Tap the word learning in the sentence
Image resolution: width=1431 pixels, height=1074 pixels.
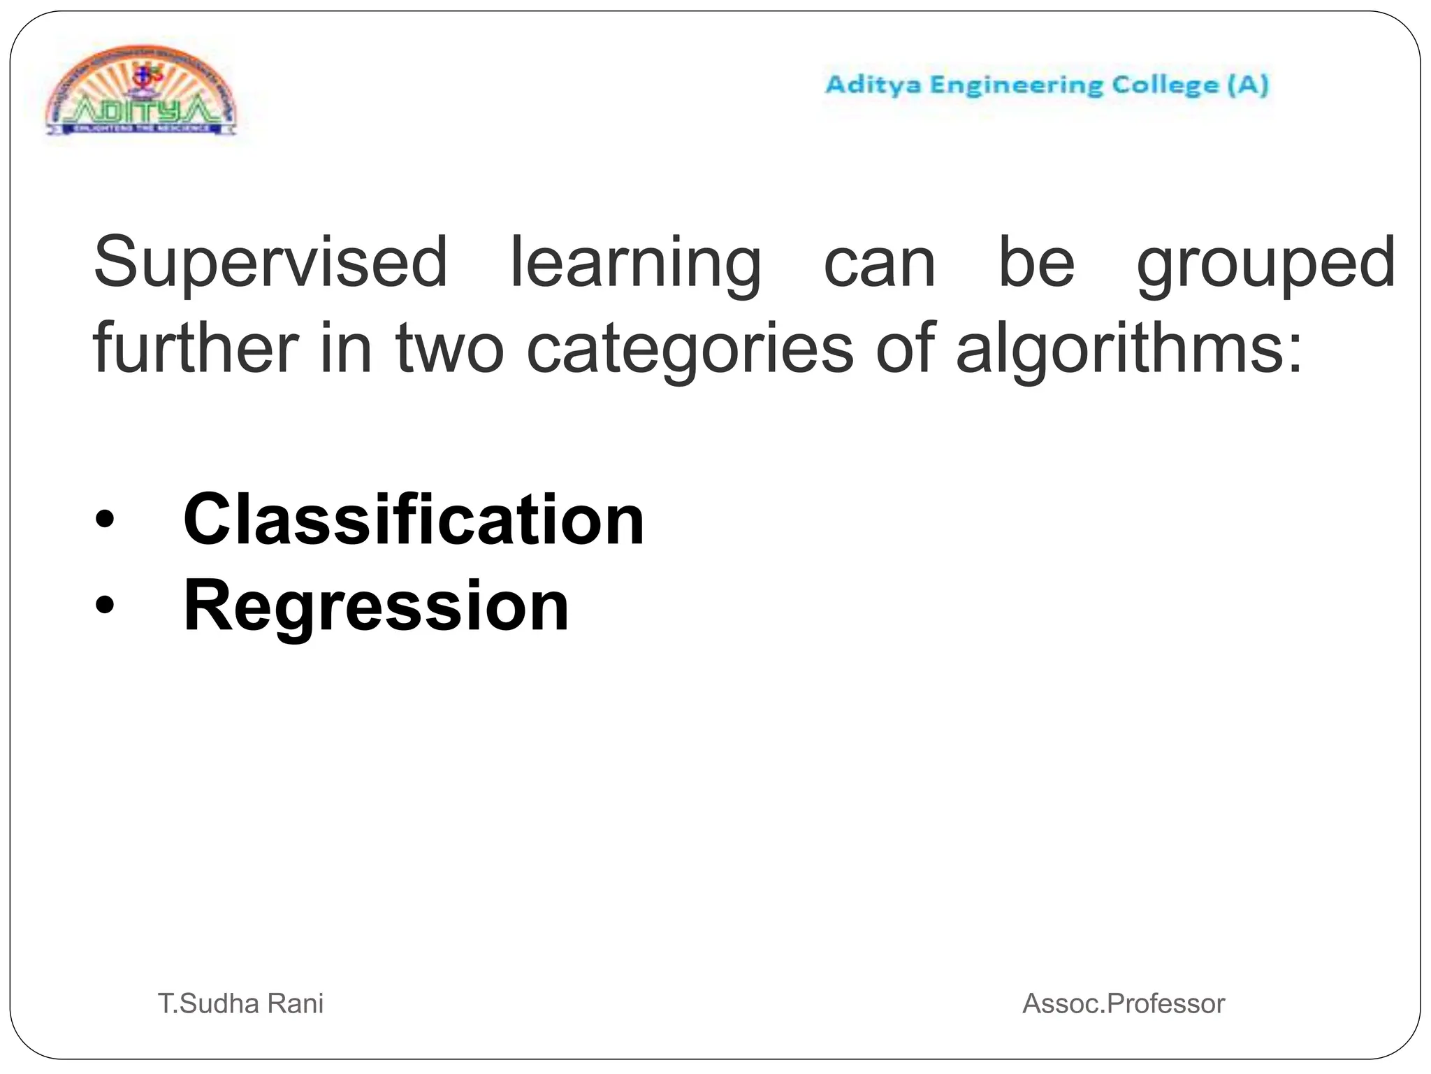pos(635,264)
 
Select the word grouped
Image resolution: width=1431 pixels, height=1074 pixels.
pos(1265,264)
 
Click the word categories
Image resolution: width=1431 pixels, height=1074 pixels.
pos(689,350)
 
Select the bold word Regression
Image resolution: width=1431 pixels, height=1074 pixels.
pos(376,606)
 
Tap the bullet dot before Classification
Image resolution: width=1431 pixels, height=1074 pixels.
pos(104,522)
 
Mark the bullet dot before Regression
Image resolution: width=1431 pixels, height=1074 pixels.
pos(104,607)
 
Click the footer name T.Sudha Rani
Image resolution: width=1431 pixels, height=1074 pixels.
pos(240,1003)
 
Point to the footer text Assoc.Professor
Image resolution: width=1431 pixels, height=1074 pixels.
pos(1123,1003)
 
